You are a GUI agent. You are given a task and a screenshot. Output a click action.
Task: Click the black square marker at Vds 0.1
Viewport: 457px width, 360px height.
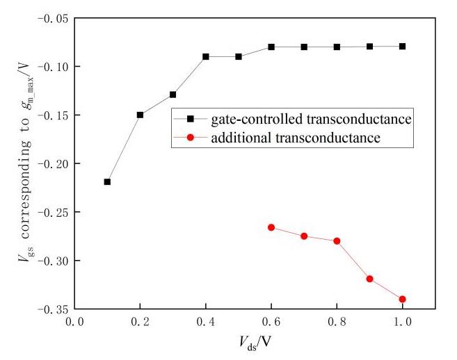107,181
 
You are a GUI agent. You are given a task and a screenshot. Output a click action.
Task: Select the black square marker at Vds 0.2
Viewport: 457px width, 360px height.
140,115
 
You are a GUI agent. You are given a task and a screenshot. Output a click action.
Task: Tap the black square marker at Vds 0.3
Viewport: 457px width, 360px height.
173,95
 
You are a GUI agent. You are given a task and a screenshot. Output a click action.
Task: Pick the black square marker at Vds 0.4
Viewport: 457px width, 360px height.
206,56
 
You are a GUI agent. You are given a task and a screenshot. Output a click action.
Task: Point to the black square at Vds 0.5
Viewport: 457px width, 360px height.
239,56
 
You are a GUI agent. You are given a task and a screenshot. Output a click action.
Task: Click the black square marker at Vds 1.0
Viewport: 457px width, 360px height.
403,47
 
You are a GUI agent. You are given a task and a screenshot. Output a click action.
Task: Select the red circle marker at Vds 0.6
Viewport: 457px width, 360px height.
271,227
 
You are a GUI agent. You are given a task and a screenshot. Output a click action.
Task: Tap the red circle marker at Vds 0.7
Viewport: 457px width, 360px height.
304,236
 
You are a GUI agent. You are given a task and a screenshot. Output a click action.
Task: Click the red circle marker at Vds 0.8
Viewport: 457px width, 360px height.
337,241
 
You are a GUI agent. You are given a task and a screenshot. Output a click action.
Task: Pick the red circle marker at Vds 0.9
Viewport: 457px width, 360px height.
370,279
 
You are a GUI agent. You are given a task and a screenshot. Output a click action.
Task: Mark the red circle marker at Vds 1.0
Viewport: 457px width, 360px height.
403,299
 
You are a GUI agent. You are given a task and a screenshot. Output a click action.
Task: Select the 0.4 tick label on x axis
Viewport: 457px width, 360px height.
205,323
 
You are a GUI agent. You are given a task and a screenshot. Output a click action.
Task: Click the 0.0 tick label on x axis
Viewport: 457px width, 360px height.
74,323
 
